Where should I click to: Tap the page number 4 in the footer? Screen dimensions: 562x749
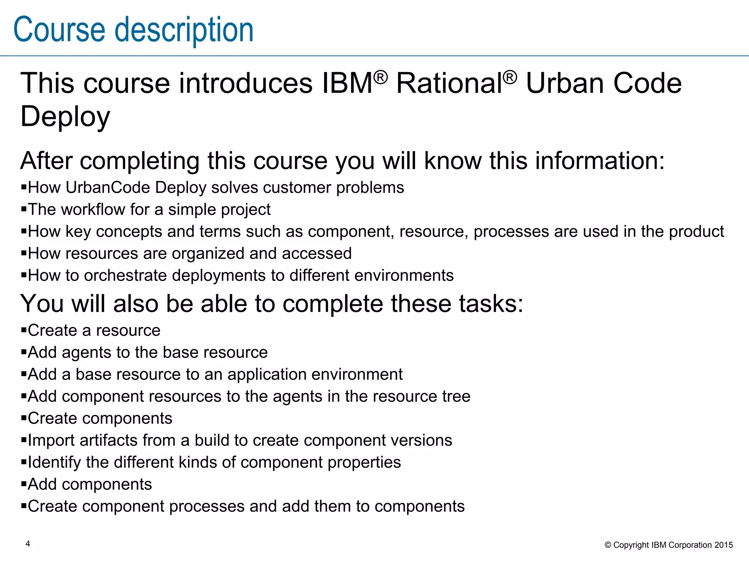pyautogui.click(x=28, y=544)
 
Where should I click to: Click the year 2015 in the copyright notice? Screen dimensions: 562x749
pyautogui.click(x=724, y=545)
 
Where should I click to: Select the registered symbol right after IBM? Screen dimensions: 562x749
pyautogui.click(x=381, y=77)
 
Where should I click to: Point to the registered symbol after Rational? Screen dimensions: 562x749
pyautogui.click(x=510, y=77)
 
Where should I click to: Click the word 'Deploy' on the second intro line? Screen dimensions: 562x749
pyautogui.click(x=65, y=116)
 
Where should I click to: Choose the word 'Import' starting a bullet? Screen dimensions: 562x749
pyautogui.click(x=51, y=441)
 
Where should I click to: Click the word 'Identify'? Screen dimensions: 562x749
pyautogui.click(x=54, y=462)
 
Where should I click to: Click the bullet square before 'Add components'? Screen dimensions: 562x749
pyautogui.click(x=24, y=484)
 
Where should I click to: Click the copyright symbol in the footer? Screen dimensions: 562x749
pyautogui.click(x=608, y=545)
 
